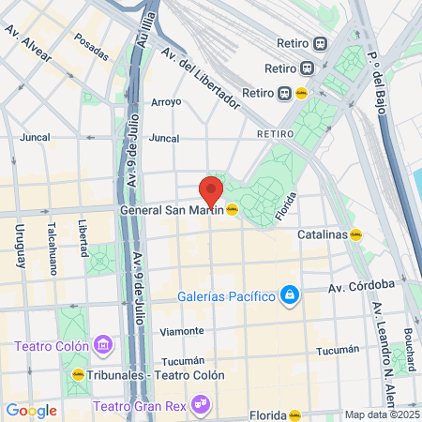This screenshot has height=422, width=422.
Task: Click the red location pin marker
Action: pyautogui.click(x=211, y=191)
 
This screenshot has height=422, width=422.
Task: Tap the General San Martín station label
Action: pyautogui.click(x=173, y=210)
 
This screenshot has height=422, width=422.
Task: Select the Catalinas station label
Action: pyautogui.click(x=323, y=234)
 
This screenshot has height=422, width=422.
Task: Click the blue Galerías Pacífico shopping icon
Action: pyautogui.click(x=291, y=297)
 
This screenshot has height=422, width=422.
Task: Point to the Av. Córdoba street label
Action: pyautogui.click(x=360, y=287)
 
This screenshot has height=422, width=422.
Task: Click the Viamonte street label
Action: pyautogui.click(x=182, y=331)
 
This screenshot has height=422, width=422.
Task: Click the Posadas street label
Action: pyautogui.click(x=91, y=43)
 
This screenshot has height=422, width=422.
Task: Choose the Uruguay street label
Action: pyautogui.click(x=19, y=247)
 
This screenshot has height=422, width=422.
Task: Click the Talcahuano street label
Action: pyautogui.click(x=53, y=247)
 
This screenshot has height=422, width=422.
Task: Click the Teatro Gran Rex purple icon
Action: pyautogui.click(x=199, y=406)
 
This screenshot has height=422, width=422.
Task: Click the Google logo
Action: pyautogui.click(x=31, y=411)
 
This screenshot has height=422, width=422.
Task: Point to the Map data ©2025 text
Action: pyautogui.click(x=381, y=414)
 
